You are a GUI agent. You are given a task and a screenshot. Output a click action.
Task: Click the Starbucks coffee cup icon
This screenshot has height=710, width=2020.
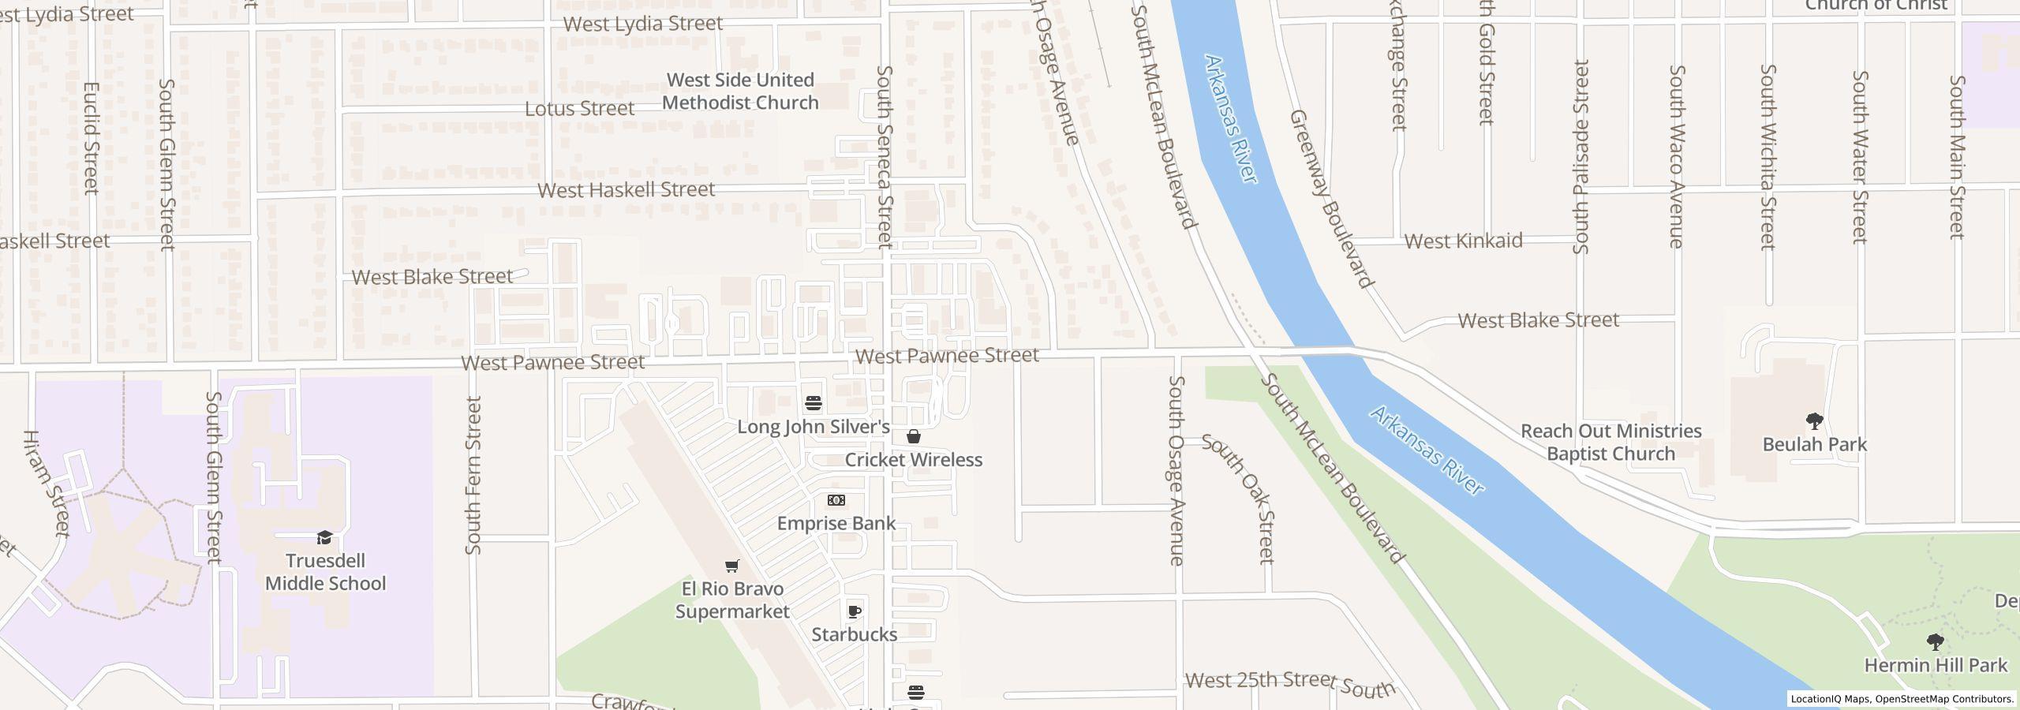[x=854, y=611]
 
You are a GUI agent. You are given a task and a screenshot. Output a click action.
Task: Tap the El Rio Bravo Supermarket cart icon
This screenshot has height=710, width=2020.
[x=731, y=566]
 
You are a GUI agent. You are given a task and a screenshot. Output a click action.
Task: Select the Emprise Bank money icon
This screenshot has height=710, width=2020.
[x=836, y=500]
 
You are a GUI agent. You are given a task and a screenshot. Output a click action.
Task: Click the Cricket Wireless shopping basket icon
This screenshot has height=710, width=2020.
[x=914, y=436]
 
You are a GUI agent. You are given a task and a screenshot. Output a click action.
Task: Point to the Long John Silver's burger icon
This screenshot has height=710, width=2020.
[x=814, y=404]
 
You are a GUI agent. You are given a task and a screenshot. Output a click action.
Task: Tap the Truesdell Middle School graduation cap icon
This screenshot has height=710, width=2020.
[x=324, y=538]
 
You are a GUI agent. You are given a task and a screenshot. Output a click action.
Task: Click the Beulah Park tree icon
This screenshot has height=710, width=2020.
[x=1814, y=421]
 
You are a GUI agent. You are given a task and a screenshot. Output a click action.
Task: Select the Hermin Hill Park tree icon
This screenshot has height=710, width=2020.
[x=1935, y=642]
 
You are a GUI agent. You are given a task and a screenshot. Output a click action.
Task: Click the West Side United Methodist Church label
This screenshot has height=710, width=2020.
[x=740, y=92]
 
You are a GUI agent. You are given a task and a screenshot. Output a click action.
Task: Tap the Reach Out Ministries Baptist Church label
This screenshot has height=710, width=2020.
[x=1610, y=443]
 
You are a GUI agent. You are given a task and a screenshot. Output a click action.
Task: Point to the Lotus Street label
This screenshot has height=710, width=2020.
[x=579, y=109]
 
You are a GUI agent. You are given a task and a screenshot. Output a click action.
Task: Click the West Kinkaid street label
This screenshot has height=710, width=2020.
[x=1463, y=241]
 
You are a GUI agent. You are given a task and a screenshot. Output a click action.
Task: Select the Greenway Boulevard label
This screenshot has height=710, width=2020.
[x=1332, y=198]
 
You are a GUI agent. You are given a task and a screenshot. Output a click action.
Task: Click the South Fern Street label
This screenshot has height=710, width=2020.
[x=473, y=475]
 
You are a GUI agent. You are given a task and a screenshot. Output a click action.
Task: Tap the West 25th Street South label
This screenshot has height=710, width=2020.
[x=1290, y=684]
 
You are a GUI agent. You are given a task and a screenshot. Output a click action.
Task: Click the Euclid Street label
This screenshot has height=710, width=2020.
[x=92, y=138]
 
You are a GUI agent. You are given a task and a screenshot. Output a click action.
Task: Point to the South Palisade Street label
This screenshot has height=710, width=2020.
[x=1580, y=157]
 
